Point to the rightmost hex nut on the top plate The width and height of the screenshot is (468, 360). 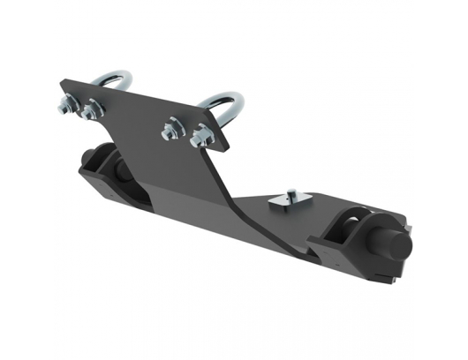[x=200, y=136]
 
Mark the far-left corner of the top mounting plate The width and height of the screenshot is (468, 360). [x=60, y=86]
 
